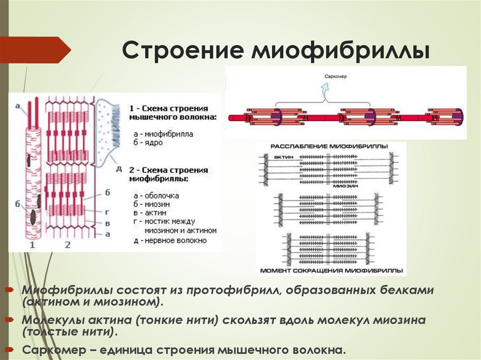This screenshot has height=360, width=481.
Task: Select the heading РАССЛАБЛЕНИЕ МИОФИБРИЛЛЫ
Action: pos(329,147)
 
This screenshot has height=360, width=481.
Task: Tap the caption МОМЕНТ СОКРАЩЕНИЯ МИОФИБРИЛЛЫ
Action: pos(331,271)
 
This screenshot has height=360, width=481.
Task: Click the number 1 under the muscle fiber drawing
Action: pos(32,245)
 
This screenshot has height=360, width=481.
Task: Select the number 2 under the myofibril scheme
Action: pos(67,245)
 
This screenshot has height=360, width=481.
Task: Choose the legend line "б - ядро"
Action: pos(147,142)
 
